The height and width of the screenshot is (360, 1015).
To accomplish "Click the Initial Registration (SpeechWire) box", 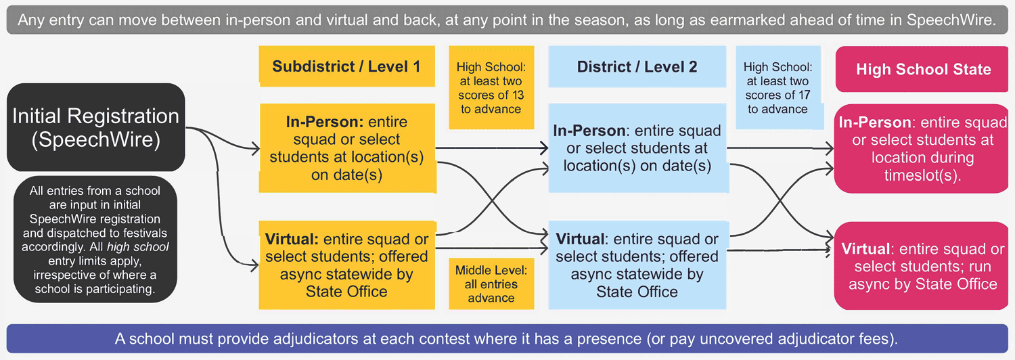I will [x=95, y=127].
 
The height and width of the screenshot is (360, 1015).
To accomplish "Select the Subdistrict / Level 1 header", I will [x=346, y=66].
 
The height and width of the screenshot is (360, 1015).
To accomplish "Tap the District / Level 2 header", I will [x=637, y=66].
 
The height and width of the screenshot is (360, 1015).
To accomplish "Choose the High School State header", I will [x=923, y=70].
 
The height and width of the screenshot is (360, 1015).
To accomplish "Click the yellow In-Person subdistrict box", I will [x=346, y=148].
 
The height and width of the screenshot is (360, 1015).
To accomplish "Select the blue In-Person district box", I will [x=637, y=148].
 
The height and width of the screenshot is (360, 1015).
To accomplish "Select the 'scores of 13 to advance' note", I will [x=491, y=87].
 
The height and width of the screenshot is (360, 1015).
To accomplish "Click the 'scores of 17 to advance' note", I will [x=777, y=87].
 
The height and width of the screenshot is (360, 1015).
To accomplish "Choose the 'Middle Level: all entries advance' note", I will [x=491, y=284].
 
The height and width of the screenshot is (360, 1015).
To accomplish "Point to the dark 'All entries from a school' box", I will [x=95, y=238].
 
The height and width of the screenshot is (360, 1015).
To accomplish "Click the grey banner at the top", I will [x=507, y=20].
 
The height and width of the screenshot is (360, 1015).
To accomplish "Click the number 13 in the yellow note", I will [x=517, y=95].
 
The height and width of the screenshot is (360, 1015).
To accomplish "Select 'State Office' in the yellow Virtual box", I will [x=346, y=292].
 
